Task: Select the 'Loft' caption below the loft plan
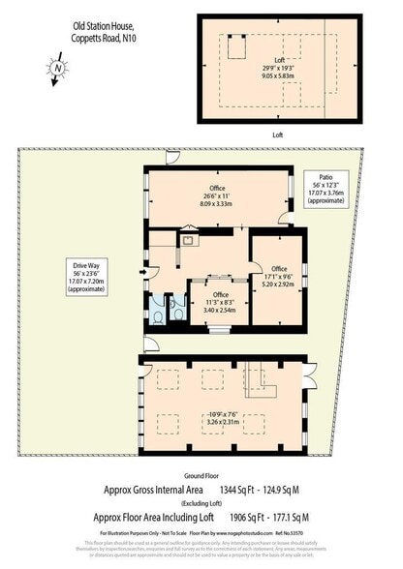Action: (x=277, y=135)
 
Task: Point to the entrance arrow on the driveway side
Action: (x=141, y=273)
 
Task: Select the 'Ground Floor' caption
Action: (x=201, y=477)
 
